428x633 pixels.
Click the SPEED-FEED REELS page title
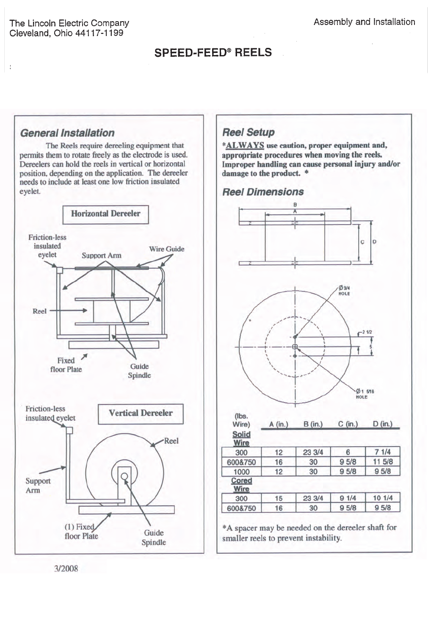213,53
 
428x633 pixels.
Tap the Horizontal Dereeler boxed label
105,214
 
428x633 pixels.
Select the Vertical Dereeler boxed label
141,413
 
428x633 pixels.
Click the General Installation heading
67,133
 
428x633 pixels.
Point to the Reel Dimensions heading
263,192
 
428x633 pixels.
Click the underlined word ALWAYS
245,145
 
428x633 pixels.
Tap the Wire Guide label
166,249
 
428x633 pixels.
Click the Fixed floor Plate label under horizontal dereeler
66,365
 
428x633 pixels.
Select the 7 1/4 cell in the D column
383,452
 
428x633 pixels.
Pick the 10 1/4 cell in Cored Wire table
383,498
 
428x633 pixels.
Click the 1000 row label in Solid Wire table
241,472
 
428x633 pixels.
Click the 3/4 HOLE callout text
344,291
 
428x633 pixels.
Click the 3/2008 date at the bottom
66,569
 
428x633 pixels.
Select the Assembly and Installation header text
364,22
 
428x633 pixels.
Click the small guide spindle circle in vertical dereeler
124,476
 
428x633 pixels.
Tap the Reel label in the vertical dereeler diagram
171,441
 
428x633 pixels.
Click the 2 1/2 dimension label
367,332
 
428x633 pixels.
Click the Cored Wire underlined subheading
241,485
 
